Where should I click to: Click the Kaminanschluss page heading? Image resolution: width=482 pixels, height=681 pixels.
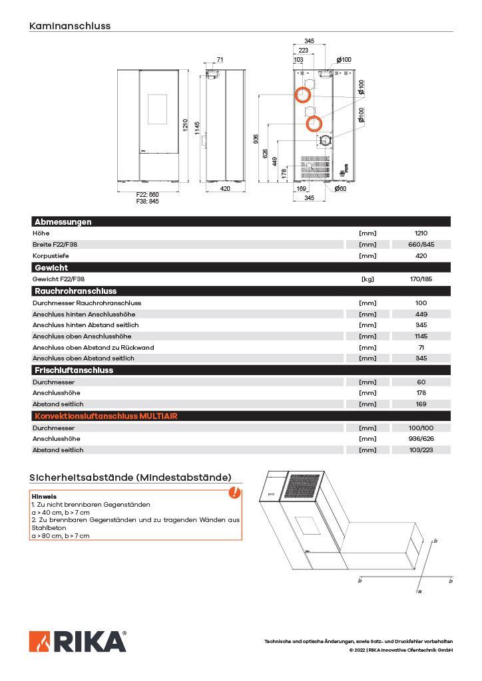[70, 27]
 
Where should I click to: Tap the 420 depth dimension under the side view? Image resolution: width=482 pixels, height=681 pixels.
[225, 190]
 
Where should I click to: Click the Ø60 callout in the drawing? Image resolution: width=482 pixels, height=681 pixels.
[340, 189]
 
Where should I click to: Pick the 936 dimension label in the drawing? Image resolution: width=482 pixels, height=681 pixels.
[256, 138]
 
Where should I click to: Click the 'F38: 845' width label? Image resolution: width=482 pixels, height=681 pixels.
[148, 201]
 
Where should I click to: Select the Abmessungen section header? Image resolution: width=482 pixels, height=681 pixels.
[63, 222]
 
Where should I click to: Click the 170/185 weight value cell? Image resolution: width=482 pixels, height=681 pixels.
[421, 279]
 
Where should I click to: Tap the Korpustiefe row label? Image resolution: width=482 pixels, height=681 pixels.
[51, 256]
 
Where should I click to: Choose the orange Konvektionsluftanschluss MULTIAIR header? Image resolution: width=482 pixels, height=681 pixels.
[105, 416]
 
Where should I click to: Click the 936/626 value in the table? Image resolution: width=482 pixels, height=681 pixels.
[421, 439]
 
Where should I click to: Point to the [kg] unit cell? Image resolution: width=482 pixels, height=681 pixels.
[367, 279]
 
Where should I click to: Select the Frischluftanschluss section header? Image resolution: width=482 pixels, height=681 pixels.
[73, 370]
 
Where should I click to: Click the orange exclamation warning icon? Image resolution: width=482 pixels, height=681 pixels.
[234, 493]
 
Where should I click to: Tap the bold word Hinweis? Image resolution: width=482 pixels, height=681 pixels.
[44, 497]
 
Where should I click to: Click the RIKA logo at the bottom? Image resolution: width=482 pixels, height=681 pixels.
[77, 642]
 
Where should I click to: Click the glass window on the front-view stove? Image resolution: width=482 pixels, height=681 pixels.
[158, 111]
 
